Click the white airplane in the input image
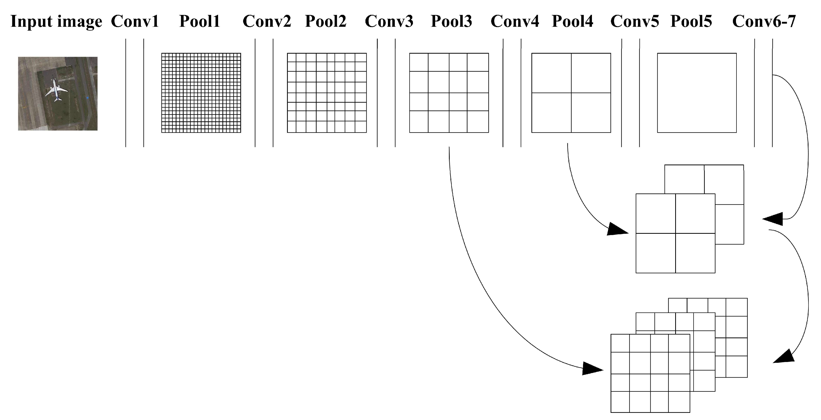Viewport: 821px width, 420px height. point(56,89)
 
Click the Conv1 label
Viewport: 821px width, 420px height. point(135,21)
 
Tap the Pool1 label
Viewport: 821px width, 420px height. point(199,21)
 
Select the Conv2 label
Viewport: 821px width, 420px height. point(267,21)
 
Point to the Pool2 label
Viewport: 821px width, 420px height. point(325,21)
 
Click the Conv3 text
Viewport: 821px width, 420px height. point(389,21)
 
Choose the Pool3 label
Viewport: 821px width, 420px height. point(451,21)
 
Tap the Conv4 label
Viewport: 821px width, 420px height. point(515,21)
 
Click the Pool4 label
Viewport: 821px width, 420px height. point(573,21)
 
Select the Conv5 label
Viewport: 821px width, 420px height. point(635,21)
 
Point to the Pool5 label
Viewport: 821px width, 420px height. point(691,21)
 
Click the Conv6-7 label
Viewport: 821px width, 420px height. point(764,21)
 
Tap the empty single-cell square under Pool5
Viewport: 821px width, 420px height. point(697,93)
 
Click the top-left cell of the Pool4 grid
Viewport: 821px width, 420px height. point(551,73)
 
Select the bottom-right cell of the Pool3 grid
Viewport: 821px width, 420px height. point(478,122)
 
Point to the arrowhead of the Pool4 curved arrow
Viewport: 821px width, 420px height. point(616,229)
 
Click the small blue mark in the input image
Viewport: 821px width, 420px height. point(87,98)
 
